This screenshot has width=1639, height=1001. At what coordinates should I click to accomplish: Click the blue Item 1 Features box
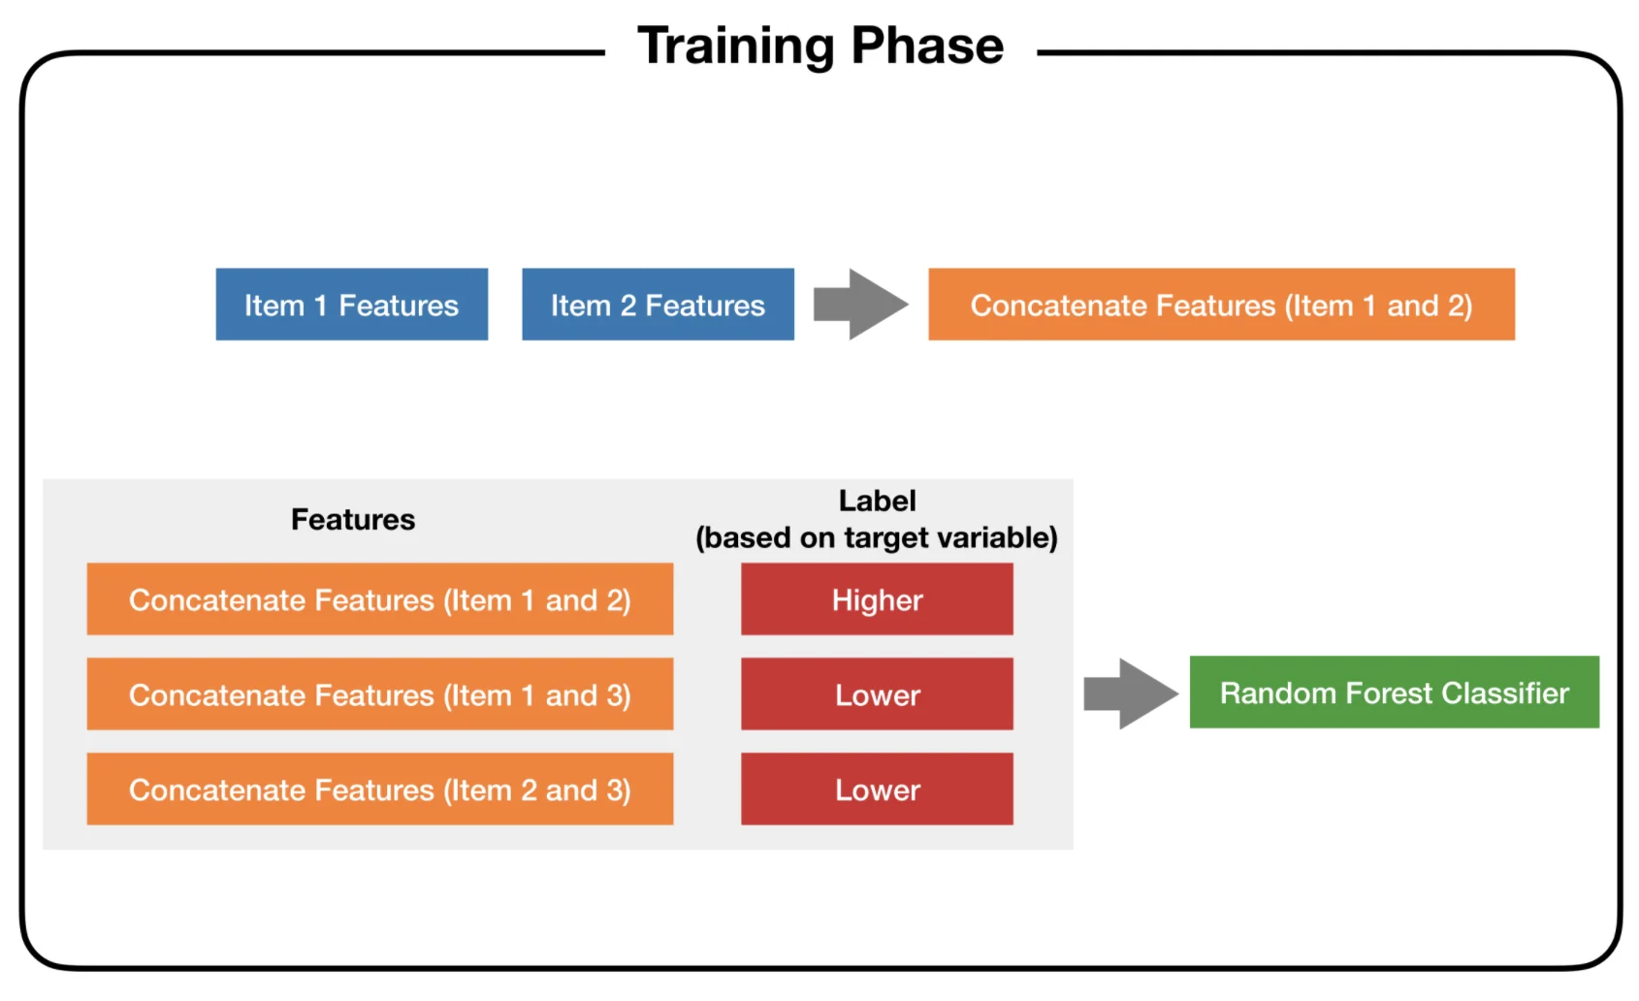(352, 305)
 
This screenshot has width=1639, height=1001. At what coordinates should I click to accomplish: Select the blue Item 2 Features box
(658, 305)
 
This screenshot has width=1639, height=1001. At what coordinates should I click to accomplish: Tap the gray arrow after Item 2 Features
(861, 305)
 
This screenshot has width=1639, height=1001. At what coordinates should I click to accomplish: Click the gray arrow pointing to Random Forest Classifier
(1131, 694)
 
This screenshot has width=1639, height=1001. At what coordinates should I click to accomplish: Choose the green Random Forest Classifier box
(1395, 693)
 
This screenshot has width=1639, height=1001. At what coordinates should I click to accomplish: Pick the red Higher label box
(878, 598)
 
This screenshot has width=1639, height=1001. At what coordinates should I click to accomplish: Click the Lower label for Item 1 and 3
(878, 694)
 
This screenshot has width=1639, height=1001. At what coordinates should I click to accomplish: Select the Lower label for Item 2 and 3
(878, 789)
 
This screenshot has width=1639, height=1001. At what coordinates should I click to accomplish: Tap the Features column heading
(353, 520)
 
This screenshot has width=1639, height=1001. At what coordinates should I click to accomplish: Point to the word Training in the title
(735, 47)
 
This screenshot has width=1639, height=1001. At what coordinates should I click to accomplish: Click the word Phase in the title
(928, 46)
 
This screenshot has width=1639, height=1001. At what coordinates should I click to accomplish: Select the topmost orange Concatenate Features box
(1222, 305)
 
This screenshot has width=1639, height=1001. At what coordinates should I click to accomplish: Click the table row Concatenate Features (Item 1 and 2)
(380, 598)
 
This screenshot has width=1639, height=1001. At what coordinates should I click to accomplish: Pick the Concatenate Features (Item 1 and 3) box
(380, 694)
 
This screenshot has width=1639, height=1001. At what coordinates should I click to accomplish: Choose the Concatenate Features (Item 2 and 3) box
(380, 789)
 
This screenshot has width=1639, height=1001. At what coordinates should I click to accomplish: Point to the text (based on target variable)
(877, 537)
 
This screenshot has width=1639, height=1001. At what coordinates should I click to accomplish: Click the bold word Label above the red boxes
(878, 501)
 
